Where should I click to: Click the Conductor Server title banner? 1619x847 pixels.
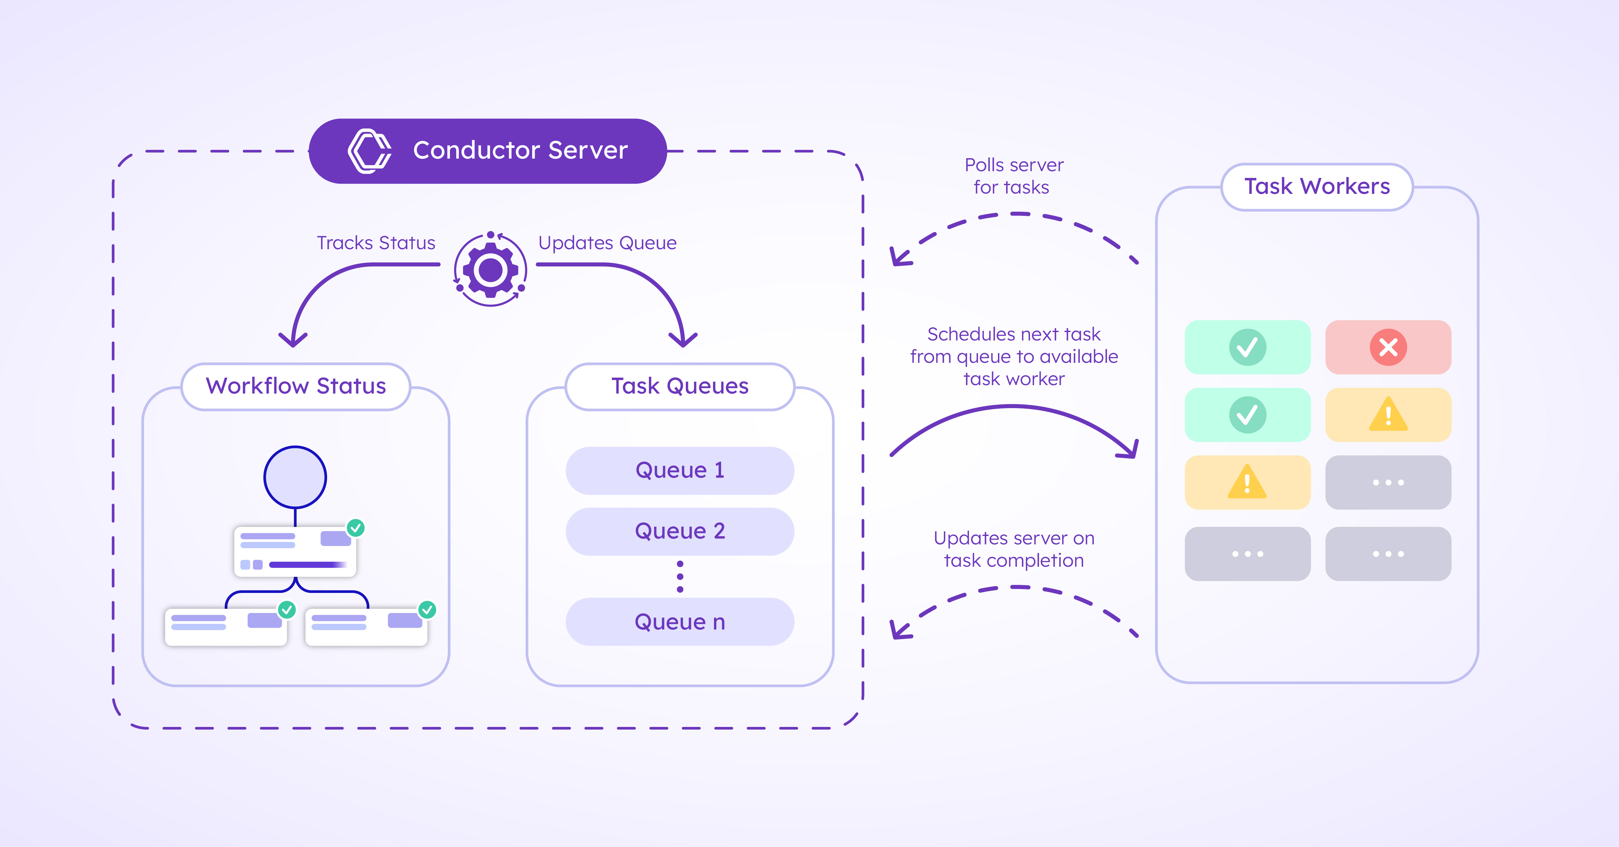tap(488, 151)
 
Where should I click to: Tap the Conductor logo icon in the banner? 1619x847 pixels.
tap(369, 151)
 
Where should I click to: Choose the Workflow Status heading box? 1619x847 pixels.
tap(296, 386)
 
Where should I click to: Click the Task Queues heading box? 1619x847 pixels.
tap(680, 386)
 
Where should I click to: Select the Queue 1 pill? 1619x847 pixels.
tap(680, 470)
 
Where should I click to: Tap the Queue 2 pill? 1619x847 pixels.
tap(680, 531)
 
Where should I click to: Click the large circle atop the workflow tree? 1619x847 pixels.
tap(295, 477)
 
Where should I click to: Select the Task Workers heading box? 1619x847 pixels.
tap(1317, 187)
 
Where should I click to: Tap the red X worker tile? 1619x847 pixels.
tap(1388, 347)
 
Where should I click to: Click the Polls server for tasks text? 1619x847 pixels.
tap(1013, 176)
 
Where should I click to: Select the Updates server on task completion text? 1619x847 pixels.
tap(1013, 549)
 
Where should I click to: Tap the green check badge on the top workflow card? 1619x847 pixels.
tap(356, 528)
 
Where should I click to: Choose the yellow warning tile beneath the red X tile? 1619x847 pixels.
tap(1388, 415)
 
